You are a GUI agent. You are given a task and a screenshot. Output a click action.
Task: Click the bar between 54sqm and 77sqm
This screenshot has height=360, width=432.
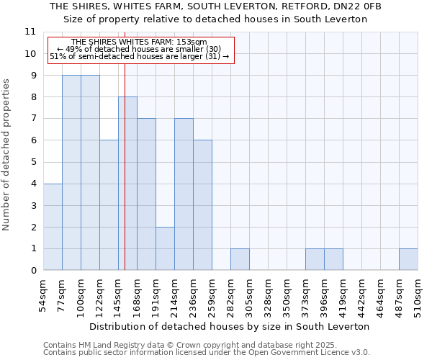click(x=53, y=227)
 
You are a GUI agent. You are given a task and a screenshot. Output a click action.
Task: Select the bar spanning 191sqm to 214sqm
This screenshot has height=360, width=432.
click(x=165, y=248)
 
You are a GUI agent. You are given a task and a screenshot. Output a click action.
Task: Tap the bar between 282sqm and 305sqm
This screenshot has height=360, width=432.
click(x=240, y=259)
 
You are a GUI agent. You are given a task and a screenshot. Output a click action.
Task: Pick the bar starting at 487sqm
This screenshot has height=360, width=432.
click(x=408, y=259)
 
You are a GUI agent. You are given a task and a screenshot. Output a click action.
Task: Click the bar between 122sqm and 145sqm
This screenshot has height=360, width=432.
click(x=109, y=205)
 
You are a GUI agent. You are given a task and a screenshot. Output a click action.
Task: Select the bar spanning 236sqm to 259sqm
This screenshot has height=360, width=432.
click(x=202, y=205)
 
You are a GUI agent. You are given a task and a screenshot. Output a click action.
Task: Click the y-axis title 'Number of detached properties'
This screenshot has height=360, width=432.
click(x=6, y=155)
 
